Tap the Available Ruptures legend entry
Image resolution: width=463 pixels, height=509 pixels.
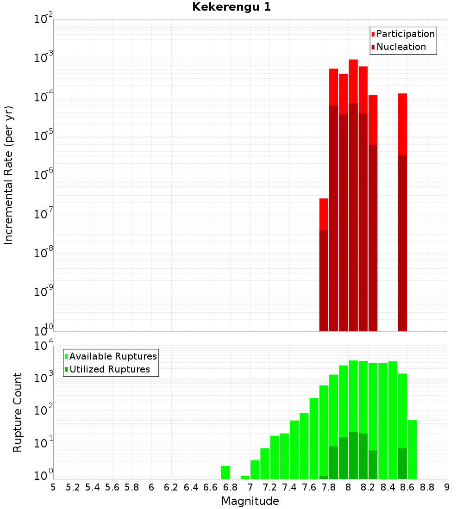(113, 357)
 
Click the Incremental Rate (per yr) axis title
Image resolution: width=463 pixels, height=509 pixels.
(9, 175)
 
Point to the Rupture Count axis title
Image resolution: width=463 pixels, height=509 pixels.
(18, 412)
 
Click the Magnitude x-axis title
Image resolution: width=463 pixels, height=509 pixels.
(250, 501)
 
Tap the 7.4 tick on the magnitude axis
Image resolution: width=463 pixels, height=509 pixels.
(289, 487)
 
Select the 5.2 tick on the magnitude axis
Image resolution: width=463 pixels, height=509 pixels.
(73, 487)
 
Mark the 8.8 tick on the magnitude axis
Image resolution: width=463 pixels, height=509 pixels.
(427, 487)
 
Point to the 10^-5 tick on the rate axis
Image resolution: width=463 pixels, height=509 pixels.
(44, 136)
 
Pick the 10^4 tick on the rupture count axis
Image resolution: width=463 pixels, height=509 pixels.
(44, 346)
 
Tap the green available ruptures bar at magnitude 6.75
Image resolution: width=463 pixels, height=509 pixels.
(225, 472)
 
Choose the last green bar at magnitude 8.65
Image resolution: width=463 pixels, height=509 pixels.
(412, 449)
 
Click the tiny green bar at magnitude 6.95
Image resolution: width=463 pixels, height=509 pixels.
(245, 477)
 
